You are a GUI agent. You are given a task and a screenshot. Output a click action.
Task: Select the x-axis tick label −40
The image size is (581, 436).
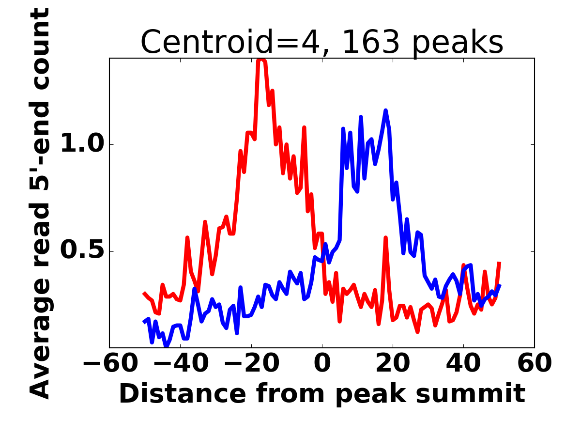coord(180,363)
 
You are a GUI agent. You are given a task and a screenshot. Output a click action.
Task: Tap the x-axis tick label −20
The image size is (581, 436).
coord(251,363)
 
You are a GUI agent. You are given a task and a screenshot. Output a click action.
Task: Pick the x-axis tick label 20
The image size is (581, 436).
coord(393,363)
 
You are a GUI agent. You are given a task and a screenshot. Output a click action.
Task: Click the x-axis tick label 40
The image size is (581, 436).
coord(463,363)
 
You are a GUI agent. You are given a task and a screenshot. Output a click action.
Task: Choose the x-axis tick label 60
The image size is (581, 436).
coord(534,363)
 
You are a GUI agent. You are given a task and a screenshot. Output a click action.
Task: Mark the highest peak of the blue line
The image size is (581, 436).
coord(386,111)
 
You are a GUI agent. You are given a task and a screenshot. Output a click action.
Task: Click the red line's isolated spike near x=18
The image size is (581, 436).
coord(386,238)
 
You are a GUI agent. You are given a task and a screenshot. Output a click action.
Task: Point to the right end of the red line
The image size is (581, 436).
coord(499,262)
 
